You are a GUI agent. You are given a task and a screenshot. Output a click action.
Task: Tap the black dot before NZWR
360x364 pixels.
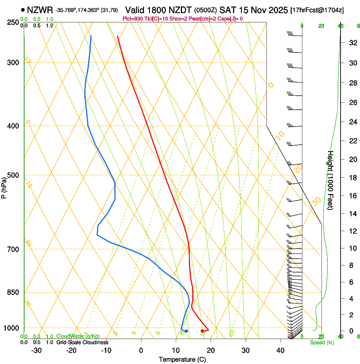22,10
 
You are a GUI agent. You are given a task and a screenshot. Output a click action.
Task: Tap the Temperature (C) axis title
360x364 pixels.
182,359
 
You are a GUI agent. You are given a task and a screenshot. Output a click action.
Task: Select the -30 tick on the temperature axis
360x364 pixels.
36,350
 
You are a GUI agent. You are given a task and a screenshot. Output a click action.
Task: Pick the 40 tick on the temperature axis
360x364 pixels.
280,350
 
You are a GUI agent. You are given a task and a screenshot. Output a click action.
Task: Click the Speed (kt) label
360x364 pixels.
321,342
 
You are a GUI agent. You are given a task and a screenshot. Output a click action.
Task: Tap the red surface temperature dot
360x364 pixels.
202,331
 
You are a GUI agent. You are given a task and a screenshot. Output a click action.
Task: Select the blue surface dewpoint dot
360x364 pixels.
186,331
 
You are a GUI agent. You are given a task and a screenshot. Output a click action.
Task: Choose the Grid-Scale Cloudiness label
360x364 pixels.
82,342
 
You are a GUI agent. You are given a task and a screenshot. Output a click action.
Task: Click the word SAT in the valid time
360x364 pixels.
227,9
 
